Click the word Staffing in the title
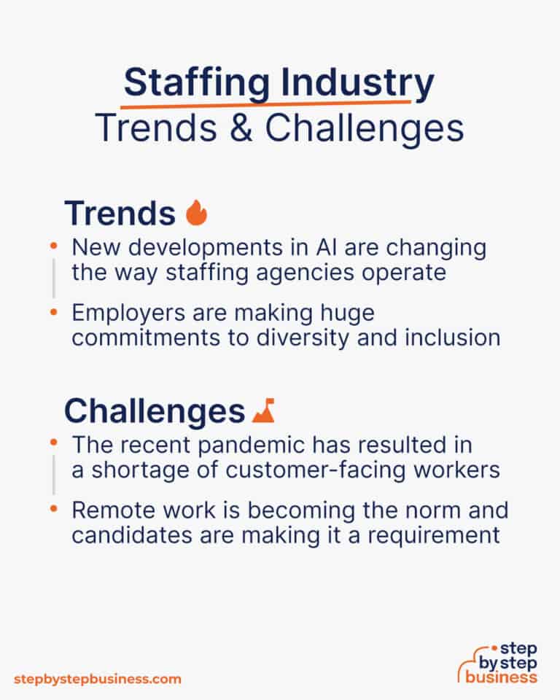(197, 83)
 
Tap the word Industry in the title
(357, 83)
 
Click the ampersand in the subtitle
(241, 128)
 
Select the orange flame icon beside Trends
(196, 212)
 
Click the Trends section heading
(120, 213)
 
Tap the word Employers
(128, 314)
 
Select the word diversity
(303, 338)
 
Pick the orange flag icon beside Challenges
(263, 411)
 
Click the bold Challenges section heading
(155, 411)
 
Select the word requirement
(433, 536)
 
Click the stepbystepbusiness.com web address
(98, 680)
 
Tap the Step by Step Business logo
(498, 663)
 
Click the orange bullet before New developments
(53, 246)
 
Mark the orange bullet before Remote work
(53, 509)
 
